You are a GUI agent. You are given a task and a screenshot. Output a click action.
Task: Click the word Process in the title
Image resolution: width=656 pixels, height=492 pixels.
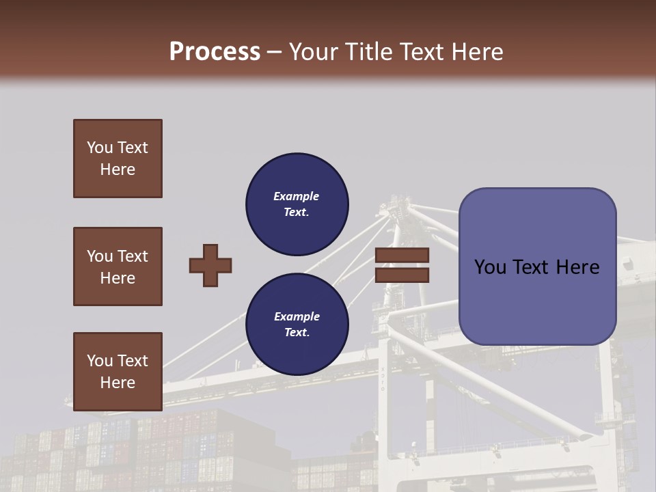tap(215, 51)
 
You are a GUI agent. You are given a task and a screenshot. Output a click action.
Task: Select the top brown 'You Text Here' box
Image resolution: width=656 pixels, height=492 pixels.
tap(118, 159)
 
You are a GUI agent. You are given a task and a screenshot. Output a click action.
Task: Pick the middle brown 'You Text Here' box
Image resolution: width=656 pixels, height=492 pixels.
tap(118, 266)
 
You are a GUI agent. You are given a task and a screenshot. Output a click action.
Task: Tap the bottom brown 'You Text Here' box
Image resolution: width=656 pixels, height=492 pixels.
tap(118, 371)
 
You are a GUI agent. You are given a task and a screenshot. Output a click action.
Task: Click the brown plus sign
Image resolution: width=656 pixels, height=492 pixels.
tap(210, 265)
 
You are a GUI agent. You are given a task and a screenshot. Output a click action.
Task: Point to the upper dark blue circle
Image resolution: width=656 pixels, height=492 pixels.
tap(297, 204)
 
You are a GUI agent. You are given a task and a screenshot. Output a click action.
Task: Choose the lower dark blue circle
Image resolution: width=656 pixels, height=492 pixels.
tap(297, 324)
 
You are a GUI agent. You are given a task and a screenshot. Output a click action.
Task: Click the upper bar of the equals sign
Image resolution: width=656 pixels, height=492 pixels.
tap(402, 256)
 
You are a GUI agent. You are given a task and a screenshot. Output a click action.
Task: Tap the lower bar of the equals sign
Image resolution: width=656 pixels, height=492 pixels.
tap(402, 275)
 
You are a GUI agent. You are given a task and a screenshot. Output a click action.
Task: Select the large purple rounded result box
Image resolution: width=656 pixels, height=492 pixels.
tap(537, 266)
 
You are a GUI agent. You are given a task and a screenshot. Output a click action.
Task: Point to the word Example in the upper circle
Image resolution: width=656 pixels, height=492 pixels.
tap(296, 196)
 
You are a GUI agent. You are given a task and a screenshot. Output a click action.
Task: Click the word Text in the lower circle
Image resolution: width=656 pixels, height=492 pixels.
tap(296, 333)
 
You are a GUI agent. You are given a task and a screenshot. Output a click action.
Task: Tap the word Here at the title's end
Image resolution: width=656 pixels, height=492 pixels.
tap(478, 51)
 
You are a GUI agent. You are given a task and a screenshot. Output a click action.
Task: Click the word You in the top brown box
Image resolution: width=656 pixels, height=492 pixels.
tap(99, 148)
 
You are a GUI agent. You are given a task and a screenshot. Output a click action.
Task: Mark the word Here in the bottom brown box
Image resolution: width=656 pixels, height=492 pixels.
tap(118, 383)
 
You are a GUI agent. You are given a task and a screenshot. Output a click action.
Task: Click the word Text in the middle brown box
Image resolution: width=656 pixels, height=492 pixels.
tap(133, 256)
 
